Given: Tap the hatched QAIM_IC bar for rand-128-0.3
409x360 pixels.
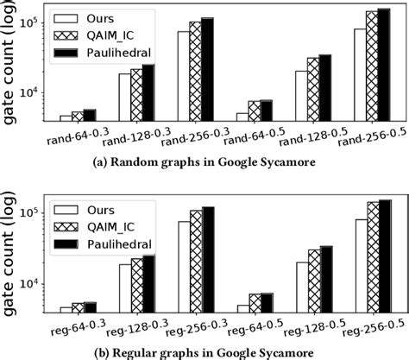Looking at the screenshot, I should click(136, 94).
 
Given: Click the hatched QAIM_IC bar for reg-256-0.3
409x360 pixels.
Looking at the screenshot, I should click(195, 258).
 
